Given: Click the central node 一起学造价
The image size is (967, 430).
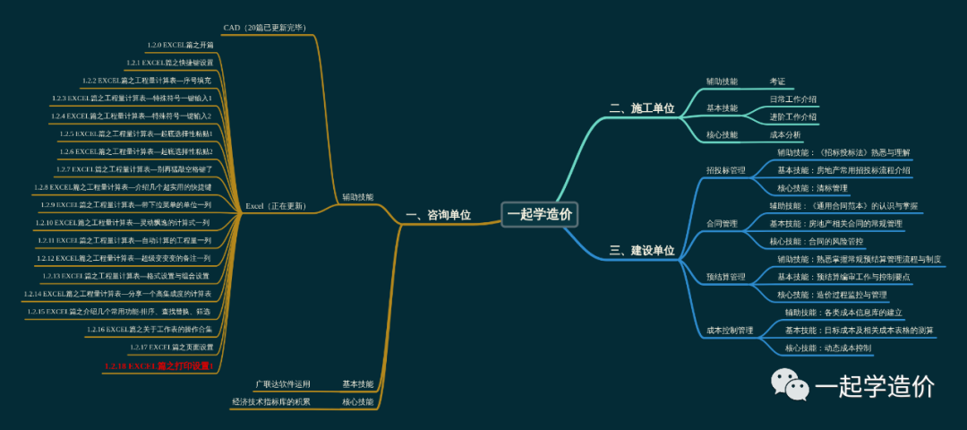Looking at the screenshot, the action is point(540,214).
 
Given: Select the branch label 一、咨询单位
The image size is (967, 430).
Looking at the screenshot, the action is point(438,215).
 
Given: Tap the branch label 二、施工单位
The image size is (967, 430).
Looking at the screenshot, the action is point(642,108).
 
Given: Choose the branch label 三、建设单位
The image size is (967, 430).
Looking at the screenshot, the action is point(642,251).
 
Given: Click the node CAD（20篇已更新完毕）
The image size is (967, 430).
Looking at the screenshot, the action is point(266,28).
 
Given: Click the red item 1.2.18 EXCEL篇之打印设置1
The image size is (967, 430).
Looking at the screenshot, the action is point(158,365).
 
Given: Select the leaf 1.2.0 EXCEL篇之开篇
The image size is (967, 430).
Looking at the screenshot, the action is point(181,45).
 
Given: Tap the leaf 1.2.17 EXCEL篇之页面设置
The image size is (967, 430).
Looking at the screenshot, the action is point(171,347).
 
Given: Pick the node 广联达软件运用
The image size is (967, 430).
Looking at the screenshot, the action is point(283,384).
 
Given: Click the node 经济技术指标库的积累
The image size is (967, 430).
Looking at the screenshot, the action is point(271,402).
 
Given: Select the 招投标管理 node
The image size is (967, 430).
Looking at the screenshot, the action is point(725,170).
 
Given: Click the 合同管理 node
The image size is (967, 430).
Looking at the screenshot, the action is point(722,224).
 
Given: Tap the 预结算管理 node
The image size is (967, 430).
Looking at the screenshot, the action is point(725,277).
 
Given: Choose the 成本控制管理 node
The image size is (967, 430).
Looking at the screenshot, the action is point(730,331).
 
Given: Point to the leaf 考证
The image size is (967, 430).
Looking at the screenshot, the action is point(777,82).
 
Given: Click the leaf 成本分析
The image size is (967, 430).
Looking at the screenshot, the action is point(785,135).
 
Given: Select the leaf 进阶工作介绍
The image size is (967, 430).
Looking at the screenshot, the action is point(793,116).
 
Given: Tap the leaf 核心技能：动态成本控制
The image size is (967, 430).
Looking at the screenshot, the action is point(828,348).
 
